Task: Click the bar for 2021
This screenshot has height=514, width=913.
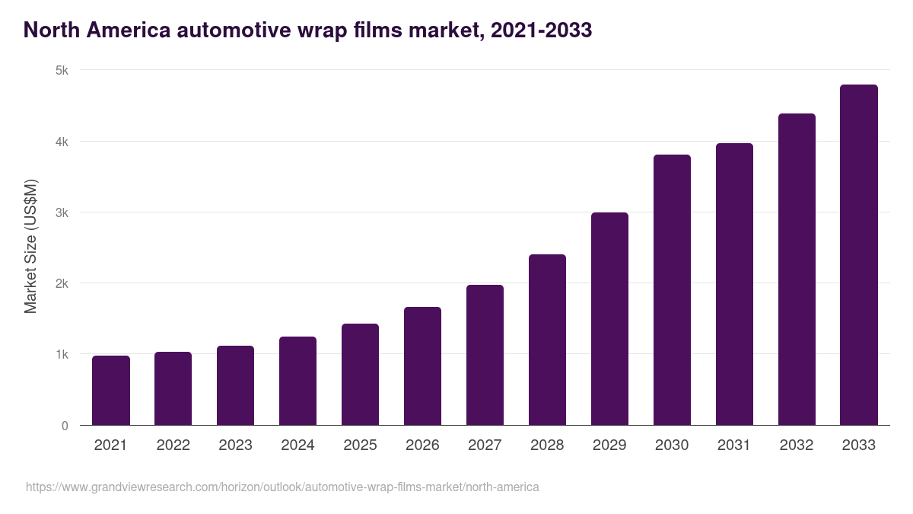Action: (x=111, y=391)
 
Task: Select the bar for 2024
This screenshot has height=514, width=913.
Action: (x=297, y=381)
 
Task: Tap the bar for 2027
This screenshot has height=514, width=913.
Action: (x=485, y=355)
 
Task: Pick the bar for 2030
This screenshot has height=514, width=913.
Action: (x=672, y=290)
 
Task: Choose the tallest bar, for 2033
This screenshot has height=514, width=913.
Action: (x=859, y=255)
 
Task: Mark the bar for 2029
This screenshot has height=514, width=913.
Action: (x=609, y=319)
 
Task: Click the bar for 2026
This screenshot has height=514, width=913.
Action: (x=422, y=366)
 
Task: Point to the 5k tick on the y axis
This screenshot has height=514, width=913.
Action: (x=62, y=71)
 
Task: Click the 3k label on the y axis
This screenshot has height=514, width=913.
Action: (x=62, y=212)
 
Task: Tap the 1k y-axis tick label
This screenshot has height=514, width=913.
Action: (x=62, y=355)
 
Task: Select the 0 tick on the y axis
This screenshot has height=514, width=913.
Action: (x=65, y=426)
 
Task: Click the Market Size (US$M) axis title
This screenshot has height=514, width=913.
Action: (x=30, y=247)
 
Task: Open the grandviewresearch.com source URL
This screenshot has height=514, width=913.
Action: (x=282, y=487)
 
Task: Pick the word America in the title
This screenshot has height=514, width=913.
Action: (x=122, y=30)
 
